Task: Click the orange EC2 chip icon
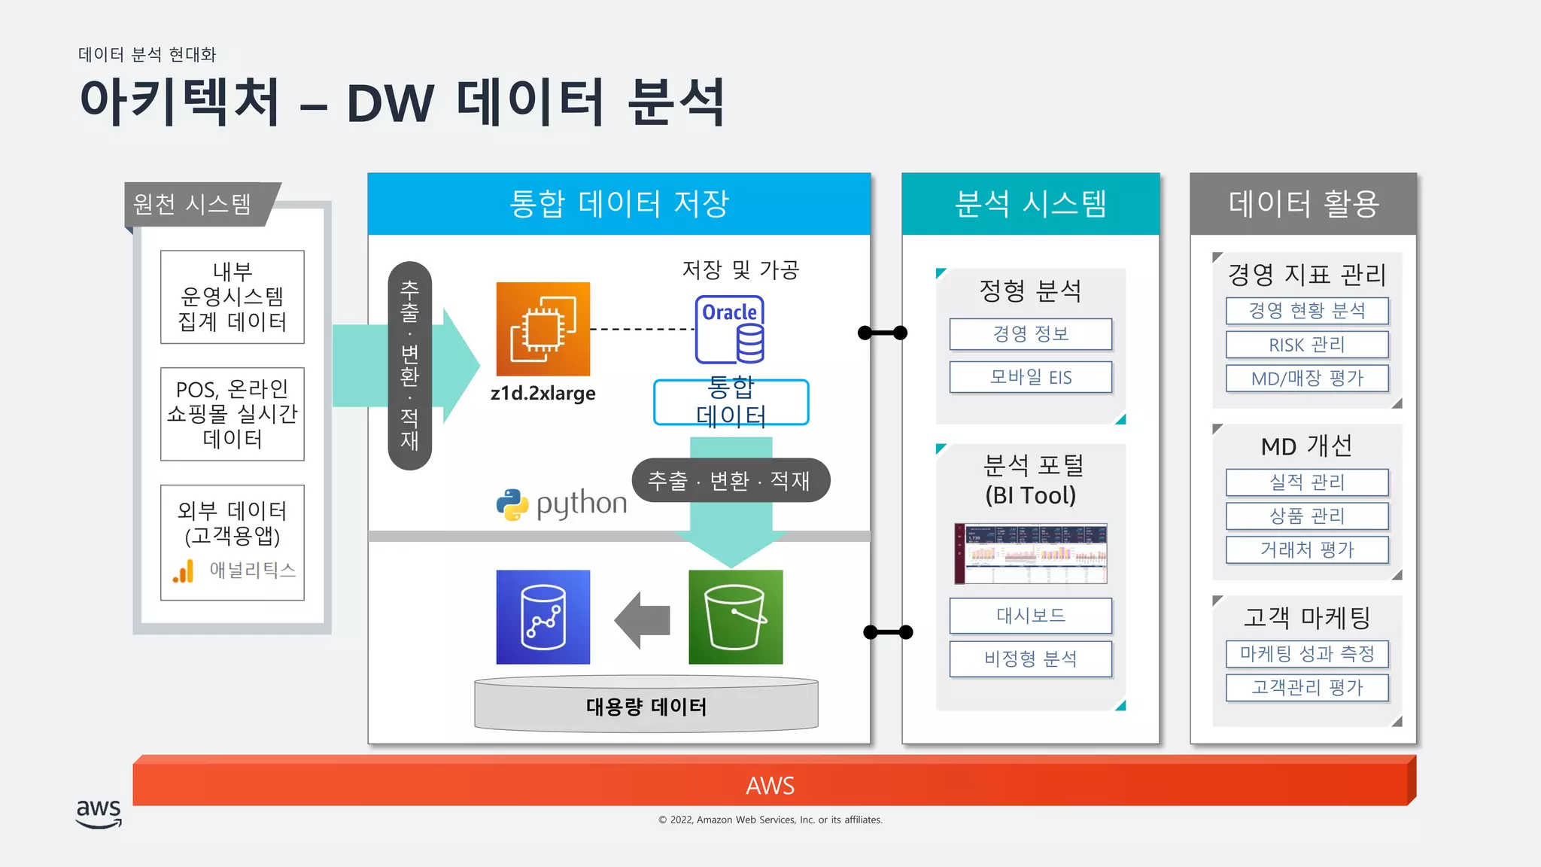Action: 543,329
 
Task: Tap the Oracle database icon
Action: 729,330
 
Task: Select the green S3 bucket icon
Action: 735,617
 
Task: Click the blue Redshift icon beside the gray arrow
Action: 543,617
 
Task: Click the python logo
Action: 561,504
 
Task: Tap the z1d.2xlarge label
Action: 543,393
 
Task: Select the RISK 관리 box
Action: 1306,345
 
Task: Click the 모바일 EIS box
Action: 1030,377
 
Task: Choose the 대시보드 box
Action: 1030,616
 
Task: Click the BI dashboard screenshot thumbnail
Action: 1030,553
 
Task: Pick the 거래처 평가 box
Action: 1306,549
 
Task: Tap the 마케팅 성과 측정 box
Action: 1306,653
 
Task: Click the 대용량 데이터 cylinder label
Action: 646,707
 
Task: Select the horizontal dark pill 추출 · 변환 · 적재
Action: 730,480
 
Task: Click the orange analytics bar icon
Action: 184,571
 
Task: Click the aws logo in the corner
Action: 99,813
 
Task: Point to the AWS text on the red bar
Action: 770,786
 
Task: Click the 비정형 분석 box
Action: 1030,659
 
